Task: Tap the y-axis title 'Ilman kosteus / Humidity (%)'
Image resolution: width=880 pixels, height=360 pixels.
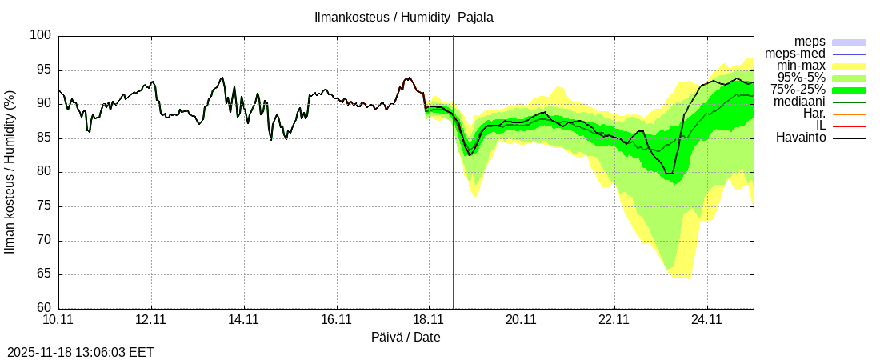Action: coord(10,172)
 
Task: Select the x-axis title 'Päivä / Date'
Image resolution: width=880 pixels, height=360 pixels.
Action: coord(406,338)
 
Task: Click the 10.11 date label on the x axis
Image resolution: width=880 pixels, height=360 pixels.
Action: coord(58,320)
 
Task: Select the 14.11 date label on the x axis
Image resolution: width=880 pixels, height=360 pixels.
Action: coord(244,320)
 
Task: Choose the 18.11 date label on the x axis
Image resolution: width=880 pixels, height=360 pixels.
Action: coord(429,320)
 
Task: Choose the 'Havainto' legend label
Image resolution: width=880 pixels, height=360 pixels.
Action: coord(801,138)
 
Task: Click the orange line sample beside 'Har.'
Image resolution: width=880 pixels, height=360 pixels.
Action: coord(849,114)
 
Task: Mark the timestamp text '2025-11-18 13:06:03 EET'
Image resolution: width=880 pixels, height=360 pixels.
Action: coord(81,352)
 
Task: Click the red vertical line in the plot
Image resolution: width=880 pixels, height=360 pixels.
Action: coord(453,200)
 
